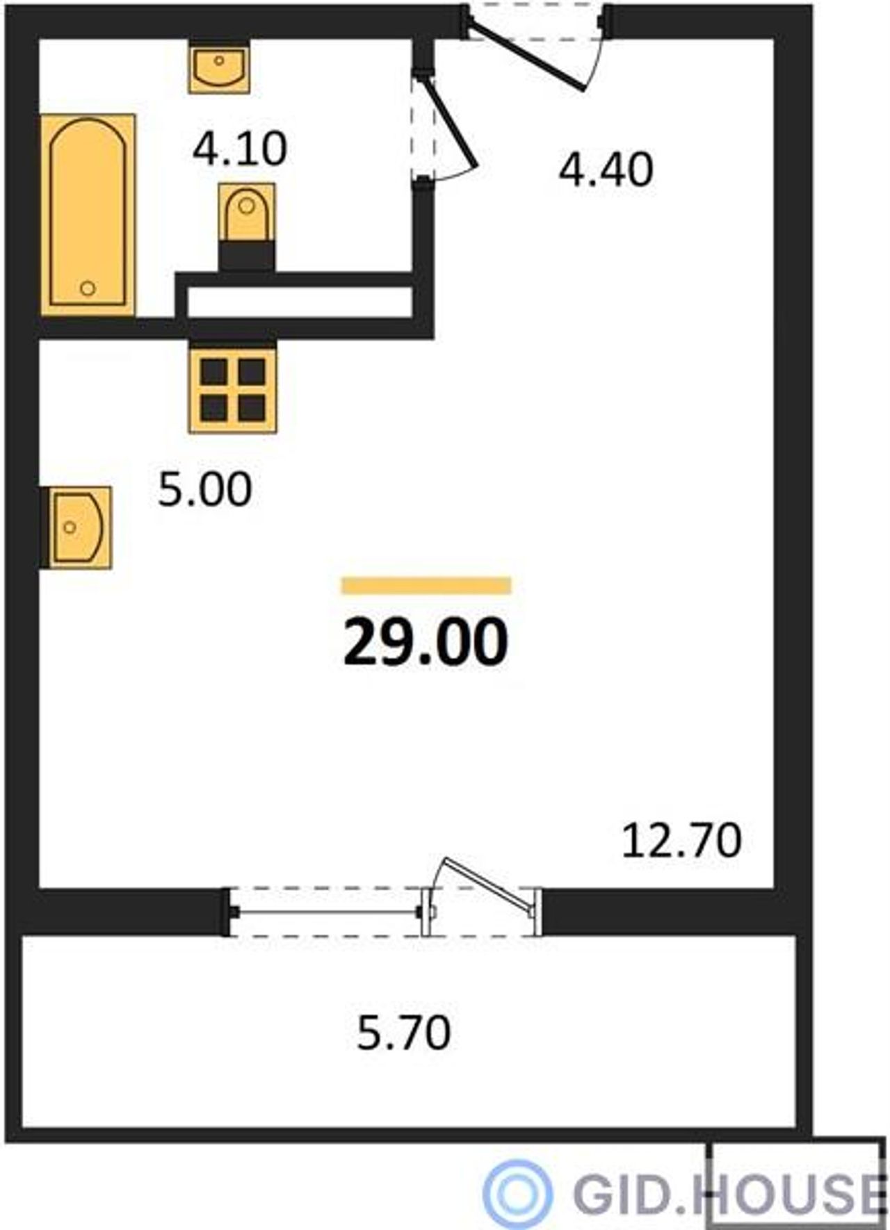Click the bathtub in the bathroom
[88, 214]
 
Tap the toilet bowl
[246, 212]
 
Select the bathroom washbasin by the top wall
[219, 67]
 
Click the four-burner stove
[232, 390]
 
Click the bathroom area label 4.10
[240, 149]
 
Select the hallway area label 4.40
[606, 170]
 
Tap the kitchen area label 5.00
[204, 489]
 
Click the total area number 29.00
[426, 642]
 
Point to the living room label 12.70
[681, 840]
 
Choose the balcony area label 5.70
[404, 1033]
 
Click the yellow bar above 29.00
[426, 586]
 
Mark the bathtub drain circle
[88, 288]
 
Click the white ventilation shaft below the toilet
[300, 302]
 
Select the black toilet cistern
[246, 256]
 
